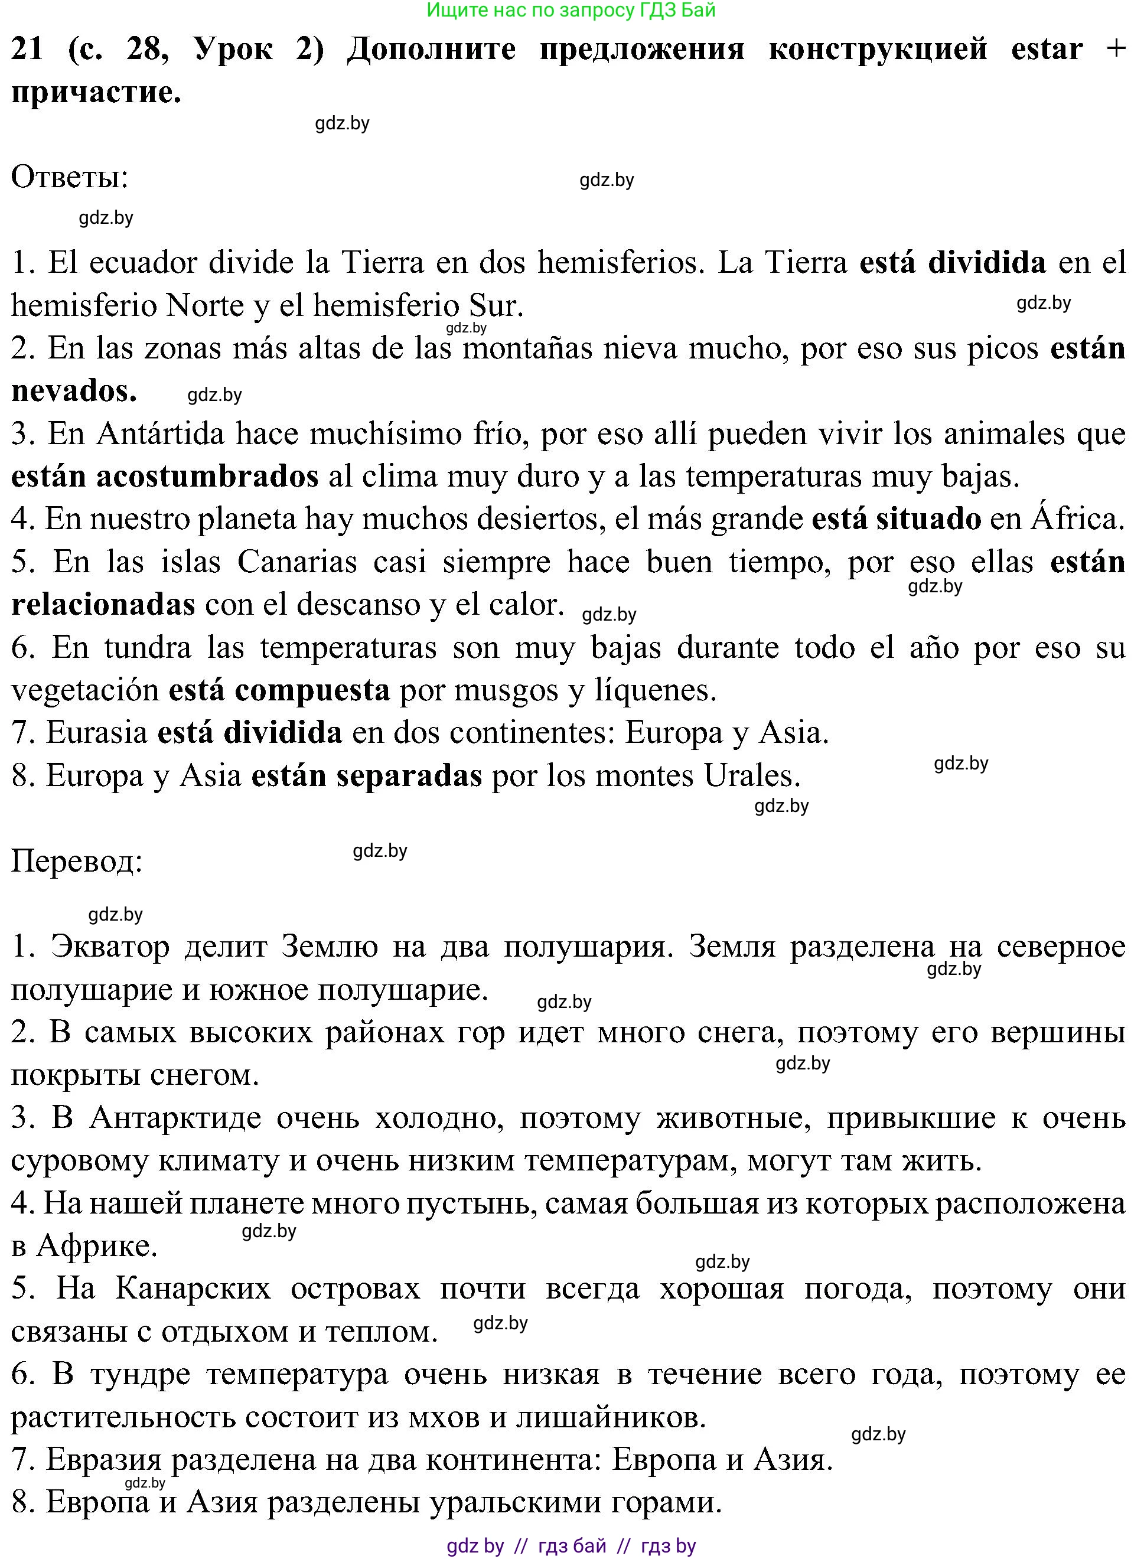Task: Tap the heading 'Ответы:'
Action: point(70,177)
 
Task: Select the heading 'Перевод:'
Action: point(77,861)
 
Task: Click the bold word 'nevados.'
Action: point(74,391)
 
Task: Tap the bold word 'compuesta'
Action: point(312,690)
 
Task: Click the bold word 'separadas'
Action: point(409,776)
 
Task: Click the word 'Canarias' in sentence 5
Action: point(297,562)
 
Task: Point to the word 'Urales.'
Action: point(752,776)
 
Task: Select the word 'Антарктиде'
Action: point(176,1118)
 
